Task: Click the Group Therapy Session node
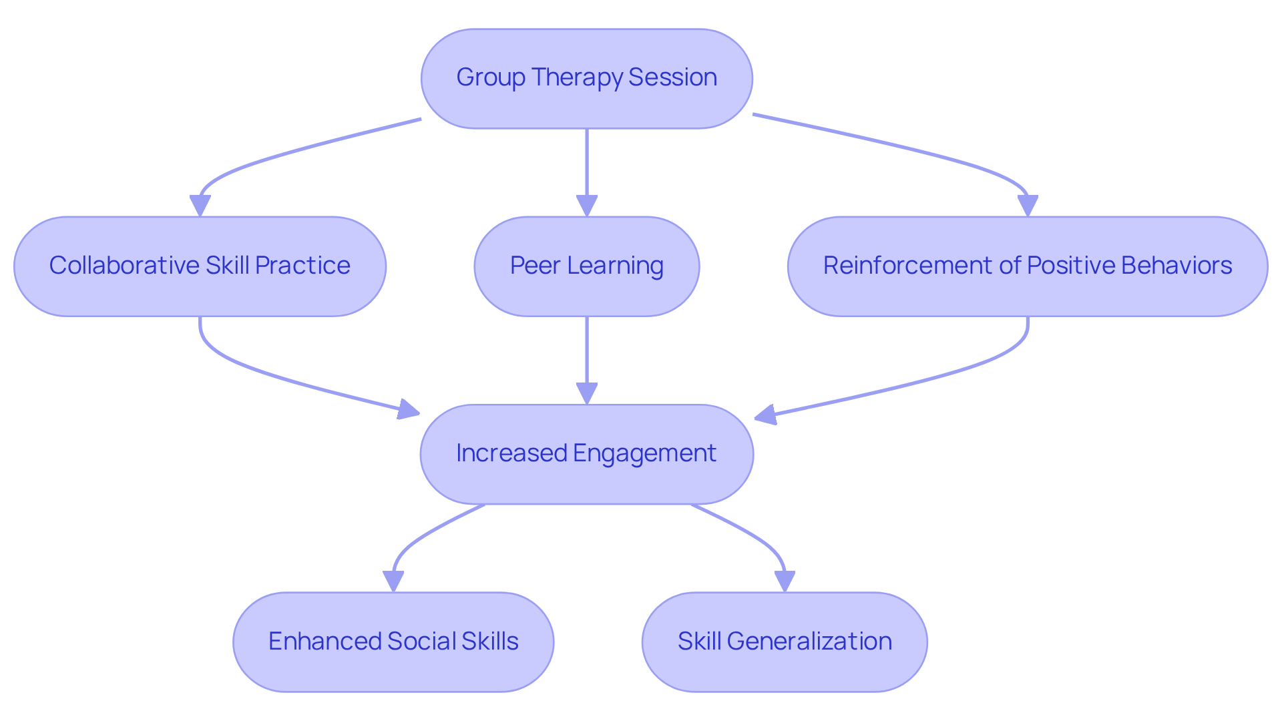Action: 586,78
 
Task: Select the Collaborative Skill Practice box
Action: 200,266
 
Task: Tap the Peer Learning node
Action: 586,266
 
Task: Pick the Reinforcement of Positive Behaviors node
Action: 1027,266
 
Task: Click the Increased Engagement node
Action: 586,454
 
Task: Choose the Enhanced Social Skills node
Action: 393,642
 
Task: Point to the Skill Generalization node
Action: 785,642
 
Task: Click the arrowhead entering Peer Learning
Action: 587,206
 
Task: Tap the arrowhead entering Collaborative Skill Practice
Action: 200,206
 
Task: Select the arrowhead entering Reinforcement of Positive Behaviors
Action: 1028,206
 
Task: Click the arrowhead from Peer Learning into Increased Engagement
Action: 587,393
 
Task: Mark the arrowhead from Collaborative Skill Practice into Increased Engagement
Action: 408,409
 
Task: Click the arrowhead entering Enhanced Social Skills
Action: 393,581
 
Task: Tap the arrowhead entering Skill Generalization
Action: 785,581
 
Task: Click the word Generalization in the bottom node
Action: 809,642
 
